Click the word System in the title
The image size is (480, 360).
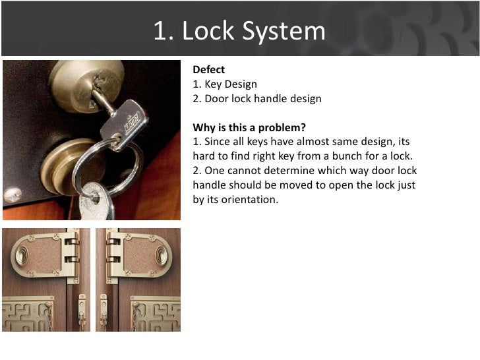(x=284, y=32)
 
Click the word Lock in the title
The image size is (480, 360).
(x=208, y=30)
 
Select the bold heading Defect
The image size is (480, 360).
(x=209, y=69)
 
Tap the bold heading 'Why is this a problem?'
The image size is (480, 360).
(x=249, y=127)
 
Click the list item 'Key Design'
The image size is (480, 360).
(x=231, y=84)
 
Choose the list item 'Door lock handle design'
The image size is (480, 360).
(x=263, y=99)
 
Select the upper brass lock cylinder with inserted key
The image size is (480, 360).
(x=87, y=84)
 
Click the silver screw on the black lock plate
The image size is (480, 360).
(x=13, y=195)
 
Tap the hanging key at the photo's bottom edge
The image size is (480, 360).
(x=96, y=202)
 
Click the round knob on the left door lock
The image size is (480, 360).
(x=22, y=256)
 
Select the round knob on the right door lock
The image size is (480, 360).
(x=162, y=256)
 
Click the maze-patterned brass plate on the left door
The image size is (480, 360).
(x=28, y=314)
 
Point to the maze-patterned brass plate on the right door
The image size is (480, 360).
(x=156, y=314)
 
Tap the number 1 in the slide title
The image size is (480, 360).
(x=163, y=30)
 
